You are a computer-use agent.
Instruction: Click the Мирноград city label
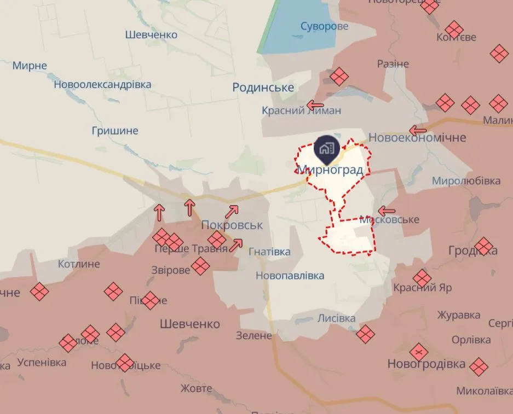[x=331, y=170]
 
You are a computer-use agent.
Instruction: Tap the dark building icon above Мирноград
[x=327, y=148]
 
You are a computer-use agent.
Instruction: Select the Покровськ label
[x=232, y=225]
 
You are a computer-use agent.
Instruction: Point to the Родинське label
[x=263, y=88]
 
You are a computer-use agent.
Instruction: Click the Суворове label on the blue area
[x=325, y=26]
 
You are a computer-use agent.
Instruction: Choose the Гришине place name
[x=116, y=131]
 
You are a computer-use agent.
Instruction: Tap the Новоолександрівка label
[x=102, y=85]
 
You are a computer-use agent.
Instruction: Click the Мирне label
[x=30, y=66]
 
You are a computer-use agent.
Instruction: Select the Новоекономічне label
[x=418, y=137]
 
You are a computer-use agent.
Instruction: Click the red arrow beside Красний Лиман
[x=315, y=105]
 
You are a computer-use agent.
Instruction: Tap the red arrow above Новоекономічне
[x=418, y=130]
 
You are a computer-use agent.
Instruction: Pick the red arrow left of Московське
[x=387, y=211]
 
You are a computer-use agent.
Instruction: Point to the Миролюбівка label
[x=466, y=180]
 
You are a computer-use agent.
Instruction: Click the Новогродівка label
[x=426, y=364]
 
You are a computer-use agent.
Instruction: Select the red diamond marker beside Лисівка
[x=366, y=334]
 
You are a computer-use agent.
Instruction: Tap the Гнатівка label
[x=269, y=252]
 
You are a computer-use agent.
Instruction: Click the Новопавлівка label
[x=290, y=276]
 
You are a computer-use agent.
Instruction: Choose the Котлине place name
[x=79, y=264]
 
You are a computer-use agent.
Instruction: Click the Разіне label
[x=393, y=64]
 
